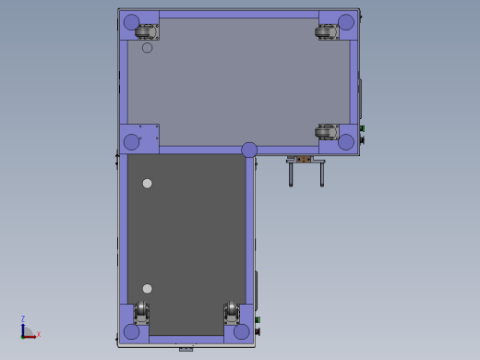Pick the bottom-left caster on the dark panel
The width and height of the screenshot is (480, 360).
(x=141, y=312)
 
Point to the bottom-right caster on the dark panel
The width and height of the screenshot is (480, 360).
(x=232, y=312)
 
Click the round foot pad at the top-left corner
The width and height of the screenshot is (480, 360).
(x=131, y=22)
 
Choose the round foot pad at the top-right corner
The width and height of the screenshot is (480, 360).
(x=346, y=22)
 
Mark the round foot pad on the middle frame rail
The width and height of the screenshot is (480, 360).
(x=249, y=150)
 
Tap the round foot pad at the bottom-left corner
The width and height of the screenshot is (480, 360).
(x=131, y=331)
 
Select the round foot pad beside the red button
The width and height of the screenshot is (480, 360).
(x=242, y=331)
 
